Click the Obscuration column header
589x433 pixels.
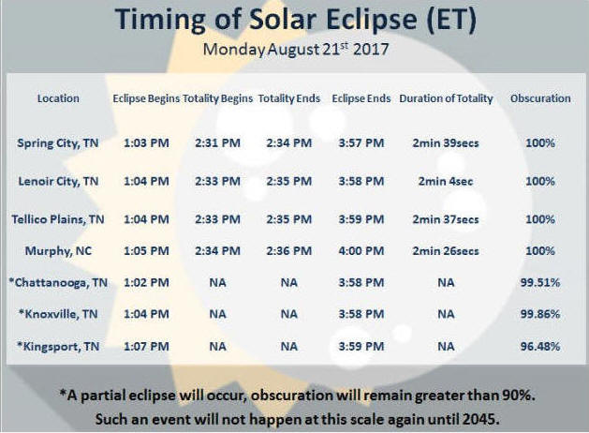pyautogui.click(x=540, y=98)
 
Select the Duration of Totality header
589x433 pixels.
pyautogui.click(x=446, y=98)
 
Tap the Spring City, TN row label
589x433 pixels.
pyautogui.click(x=58, y=143)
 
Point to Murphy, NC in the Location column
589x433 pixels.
pyautogui.click(x=58, y=250)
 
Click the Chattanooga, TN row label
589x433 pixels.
pyautogui.click(x=58, y=282)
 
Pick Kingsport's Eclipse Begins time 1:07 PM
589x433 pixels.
pyautogui.click(x=146, y=346)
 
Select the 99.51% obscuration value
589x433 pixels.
pyautogui.click(x=540, y=282)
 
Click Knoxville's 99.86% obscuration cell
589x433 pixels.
pyautogui.click(x=540, y=314)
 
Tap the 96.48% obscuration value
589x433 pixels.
pyautogui.click(x=540, y=346)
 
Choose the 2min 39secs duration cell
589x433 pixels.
pyautogui.click(x=446, y=143)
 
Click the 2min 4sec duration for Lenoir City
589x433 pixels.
pyautogui.click(x=446, y=181)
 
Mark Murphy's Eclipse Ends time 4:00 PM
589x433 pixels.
pyautogui.click(x=361, y=250)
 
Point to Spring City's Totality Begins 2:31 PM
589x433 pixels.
pyautogui.click(x=218, y=143)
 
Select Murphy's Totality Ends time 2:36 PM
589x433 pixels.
pyautogui.click(x=289, y=250)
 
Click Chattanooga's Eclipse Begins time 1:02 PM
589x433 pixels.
pyautogui.click(x=146, y=282)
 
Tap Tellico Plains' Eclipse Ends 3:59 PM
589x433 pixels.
pyautogui.click(x=361, y=219)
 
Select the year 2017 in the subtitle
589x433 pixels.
pyautogui.click(x=371, y=50)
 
